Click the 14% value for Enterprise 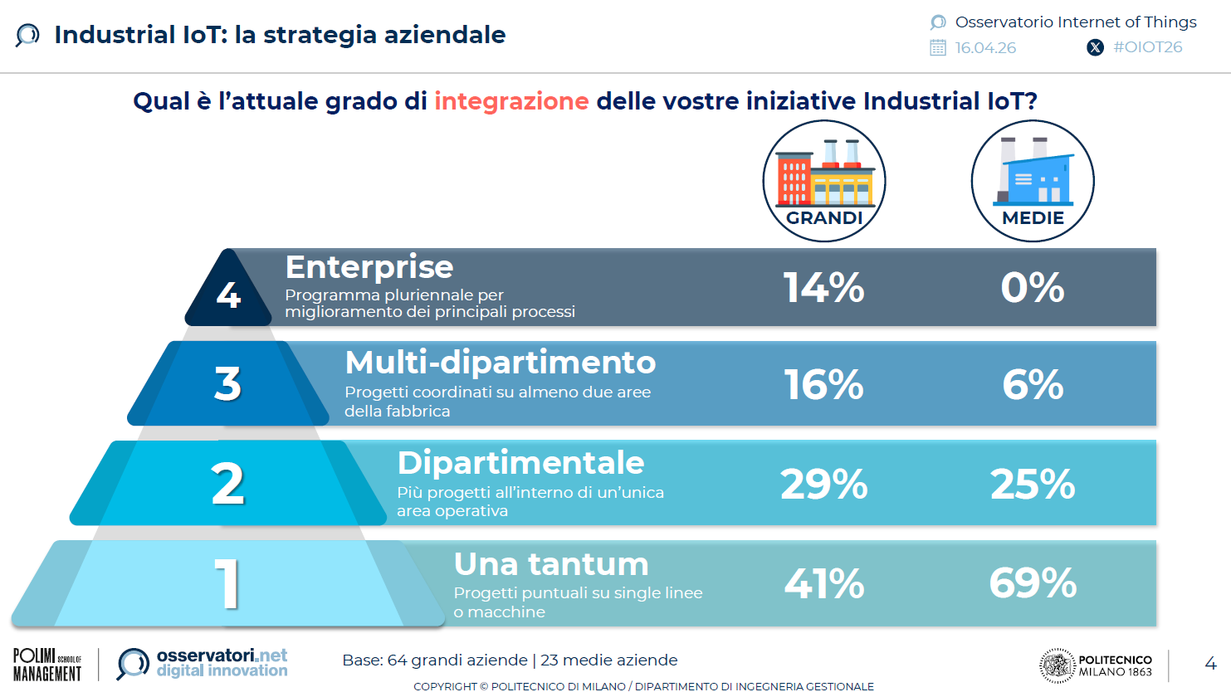click(x=823, y=287)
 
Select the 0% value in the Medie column click(x=1033, y=287)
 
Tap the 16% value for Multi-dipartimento click(x=823, y=384)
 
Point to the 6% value click(x=1033, y=384)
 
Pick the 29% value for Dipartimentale click(x=823, y=484)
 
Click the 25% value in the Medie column click(x=1033, y=484)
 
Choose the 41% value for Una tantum click(x=823, y=583)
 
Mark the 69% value click(x=1033, y=582)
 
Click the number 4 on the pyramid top click(x=228, y=295)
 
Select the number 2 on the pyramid click(x=227, y=483)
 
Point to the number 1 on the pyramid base click(x=227, y=584)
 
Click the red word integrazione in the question click(x=511, y=101)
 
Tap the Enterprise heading click(x=369, y=267)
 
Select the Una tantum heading click(x=551, y=564)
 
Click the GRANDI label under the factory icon click(x=823, y=218)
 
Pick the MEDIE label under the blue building click(x=1033, y=218)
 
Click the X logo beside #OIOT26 click(x=1095, y=48)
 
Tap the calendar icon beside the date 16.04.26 click(x=937, y=48)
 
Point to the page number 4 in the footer click(x=1210, y=664)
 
